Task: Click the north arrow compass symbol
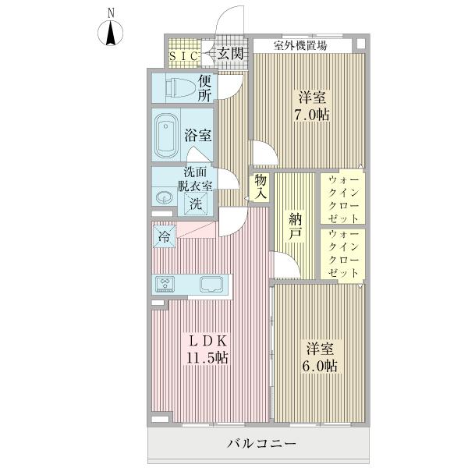pos(112,34)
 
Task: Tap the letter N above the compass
pos(112,12)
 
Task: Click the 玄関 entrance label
pos(230,54)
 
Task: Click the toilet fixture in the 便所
pos(174,87)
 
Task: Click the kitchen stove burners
pos(168,284)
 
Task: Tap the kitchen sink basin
pos(211,284)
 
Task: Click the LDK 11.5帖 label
pos(207,349)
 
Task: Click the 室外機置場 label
pos(300,45)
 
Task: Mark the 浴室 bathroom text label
pos(197,135)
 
